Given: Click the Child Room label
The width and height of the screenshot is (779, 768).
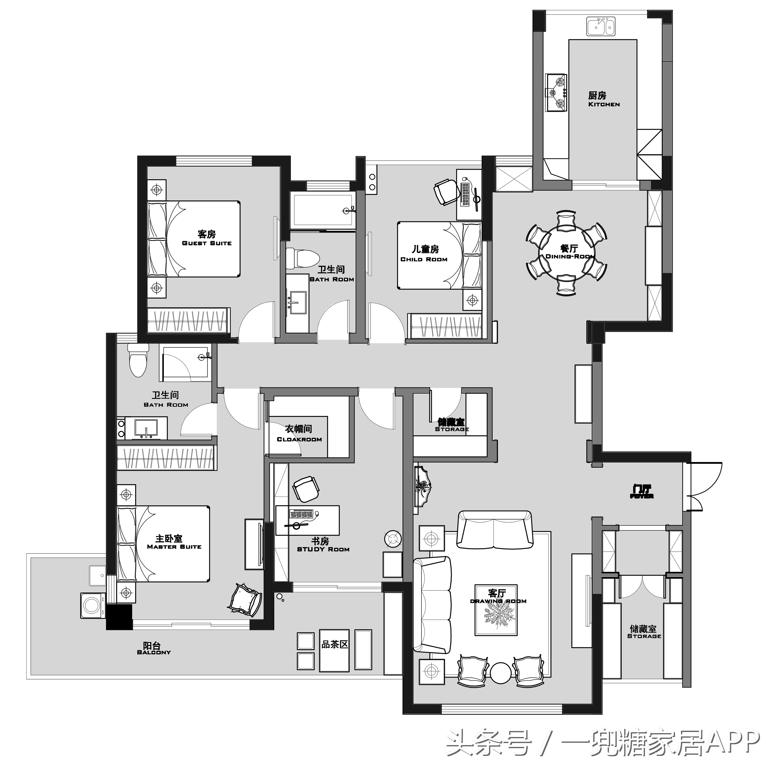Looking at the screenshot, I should pos(424,254).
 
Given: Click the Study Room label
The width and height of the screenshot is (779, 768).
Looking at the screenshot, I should pos(323,545).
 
